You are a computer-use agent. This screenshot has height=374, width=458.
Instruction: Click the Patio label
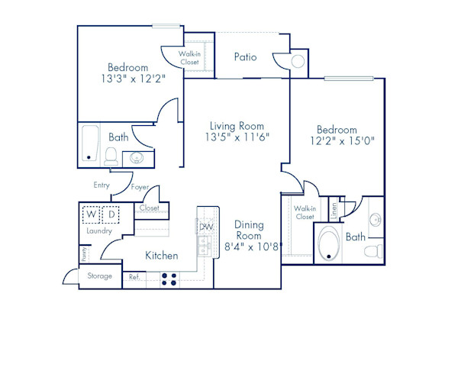(245, 57)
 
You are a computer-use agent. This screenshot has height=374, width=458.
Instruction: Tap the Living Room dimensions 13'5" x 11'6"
(237, 137)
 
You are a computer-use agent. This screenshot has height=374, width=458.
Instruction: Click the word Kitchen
(161, 256)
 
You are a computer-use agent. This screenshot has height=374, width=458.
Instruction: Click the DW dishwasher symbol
(205, 226)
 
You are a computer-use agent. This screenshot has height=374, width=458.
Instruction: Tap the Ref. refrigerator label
(134, 276)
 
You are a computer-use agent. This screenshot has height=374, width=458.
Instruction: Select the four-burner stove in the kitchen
(169, 279)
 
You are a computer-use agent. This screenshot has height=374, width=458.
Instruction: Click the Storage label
(100, 276)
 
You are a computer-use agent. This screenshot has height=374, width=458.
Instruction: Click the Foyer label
(140, 187)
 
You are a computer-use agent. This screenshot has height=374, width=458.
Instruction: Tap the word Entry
(102, 185)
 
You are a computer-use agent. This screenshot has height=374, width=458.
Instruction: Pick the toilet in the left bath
(111, 158)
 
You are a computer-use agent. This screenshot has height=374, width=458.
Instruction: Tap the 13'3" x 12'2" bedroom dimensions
(127, 78)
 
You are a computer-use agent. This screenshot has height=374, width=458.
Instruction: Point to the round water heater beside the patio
(298, 61)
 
